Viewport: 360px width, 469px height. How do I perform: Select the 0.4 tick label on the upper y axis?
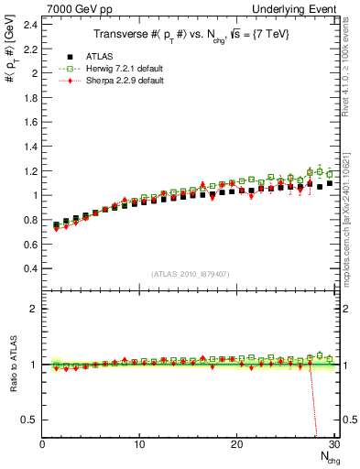(x=31, y=268)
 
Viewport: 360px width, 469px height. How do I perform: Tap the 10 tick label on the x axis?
(x=139, y=445)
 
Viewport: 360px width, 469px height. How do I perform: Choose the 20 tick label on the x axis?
(x=237, y=445)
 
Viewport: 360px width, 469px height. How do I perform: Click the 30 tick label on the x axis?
(x=333, y=445)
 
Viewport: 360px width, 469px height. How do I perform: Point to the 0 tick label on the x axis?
(x=42, y=445)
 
